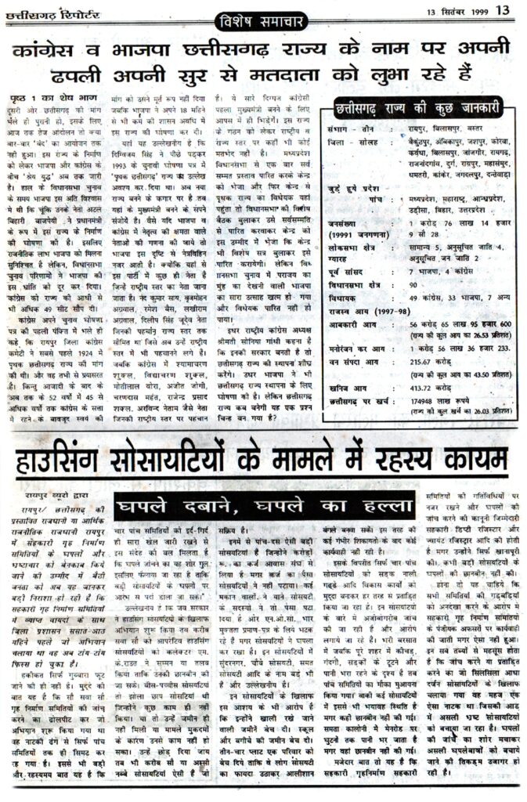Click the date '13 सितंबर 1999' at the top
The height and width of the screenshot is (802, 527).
pos(459,11)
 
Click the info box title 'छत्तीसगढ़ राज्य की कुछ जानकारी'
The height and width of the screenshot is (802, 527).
pos(416,110)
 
